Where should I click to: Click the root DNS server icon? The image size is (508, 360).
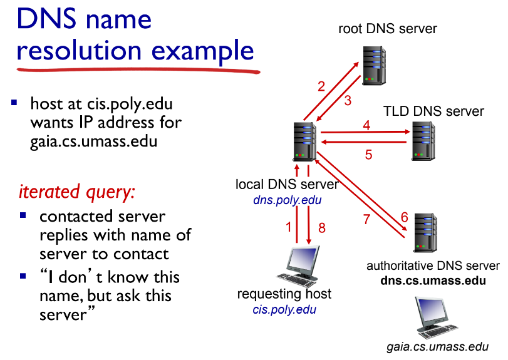pos(374,62)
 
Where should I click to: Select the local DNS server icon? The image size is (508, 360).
pos(304,141)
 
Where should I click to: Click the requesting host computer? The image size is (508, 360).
pos(295,265)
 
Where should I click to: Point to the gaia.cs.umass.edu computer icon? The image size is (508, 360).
pos(433,316)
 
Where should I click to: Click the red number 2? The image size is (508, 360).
pos(321,86)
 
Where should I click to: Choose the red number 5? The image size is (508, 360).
pos(368,155)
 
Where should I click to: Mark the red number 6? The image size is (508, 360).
pos(404,217)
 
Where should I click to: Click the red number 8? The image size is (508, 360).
pos(322,228)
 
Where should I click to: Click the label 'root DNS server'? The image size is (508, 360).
pos(387,28)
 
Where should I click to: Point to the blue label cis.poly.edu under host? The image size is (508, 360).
pos(284,309)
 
